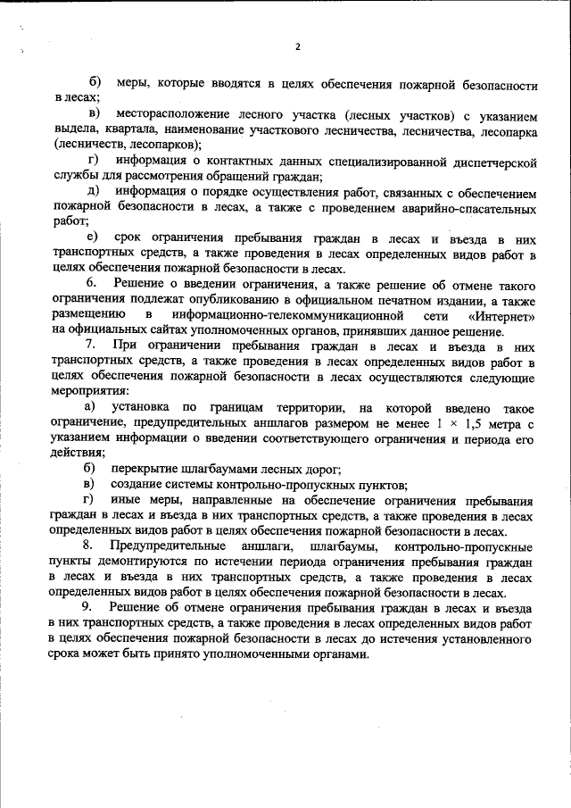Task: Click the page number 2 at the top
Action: [297, 46]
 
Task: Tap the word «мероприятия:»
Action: [91, 390]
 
